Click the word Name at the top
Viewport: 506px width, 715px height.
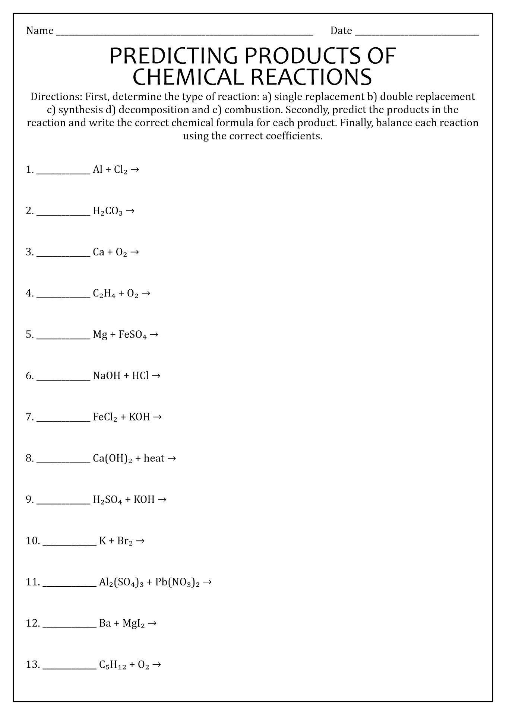[x=40, y=31]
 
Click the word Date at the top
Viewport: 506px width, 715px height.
[x=341, y=31]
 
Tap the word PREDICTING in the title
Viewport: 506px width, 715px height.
[x=173, y=56]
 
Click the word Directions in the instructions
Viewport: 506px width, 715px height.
[x=56, y=97]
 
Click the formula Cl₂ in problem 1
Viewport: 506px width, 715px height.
[x=121, y=170]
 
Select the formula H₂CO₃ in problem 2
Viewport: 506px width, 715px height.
[x=108, y=212]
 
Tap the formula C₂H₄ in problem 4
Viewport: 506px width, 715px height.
[x=104, y=294]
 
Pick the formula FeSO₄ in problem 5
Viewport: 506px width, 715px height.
[x=133, y=335]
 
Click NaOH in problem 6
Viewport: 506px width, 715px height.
[x=107, y=376]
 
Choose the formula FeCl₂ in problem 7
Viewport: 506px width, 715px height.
[x=105, y=417]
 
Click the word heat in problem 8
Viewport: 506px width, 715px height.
[x=154, y=458]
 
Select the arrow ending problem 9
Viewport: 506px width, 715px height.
[x=162, y=499]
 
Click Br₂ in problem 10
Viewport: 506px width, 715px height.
[x=125, y=541]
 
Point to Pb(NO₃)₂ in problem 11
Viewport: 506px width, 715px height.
[x=177, y=582]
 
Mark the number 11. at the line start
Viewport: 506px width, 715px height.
[x=33, y=582]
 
